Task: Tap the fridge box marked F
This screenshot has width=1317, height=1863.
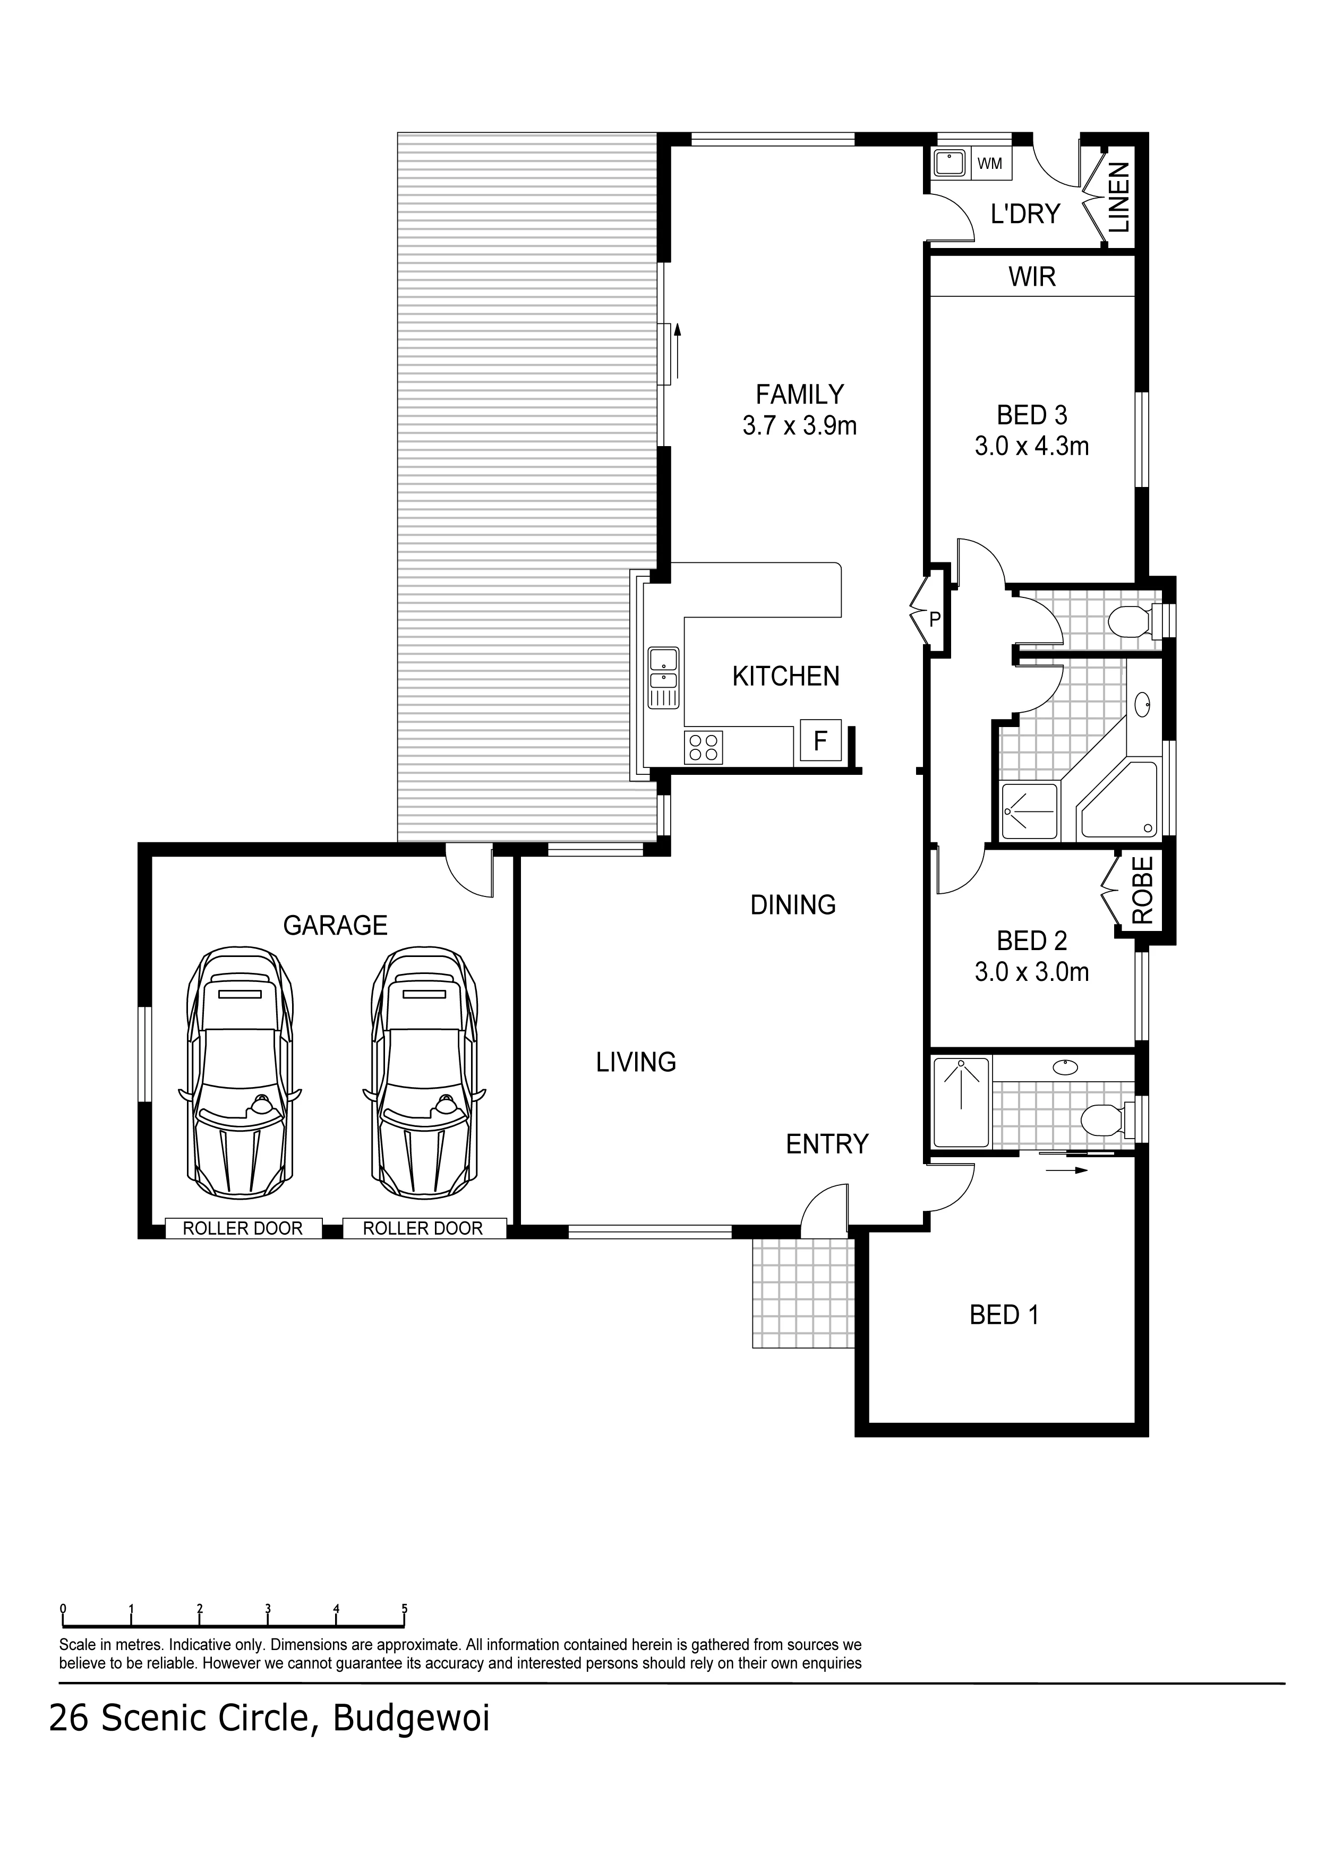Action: [x=820, y=740]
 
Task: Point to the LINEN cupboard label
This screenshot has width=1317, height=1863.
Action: [x=1119, y=197]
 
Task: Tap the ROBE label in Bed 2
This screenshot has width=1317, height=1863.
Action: [x=1142, y=890]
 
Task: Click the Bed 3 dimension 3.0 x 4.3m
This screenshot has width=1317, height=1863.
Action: [x=1031, y=446]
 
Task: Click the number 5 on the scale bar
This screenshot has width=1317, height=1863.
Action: [x=404, y=1609]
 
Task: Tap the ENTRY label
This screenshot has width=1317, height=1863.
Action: [x=827, y=1144]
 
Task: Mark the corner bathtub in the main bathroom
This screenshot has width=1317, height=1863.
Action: [x=1118, y=799]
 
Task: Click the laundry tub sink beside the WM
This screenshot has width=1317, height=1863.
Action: [x=948, y=163]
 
